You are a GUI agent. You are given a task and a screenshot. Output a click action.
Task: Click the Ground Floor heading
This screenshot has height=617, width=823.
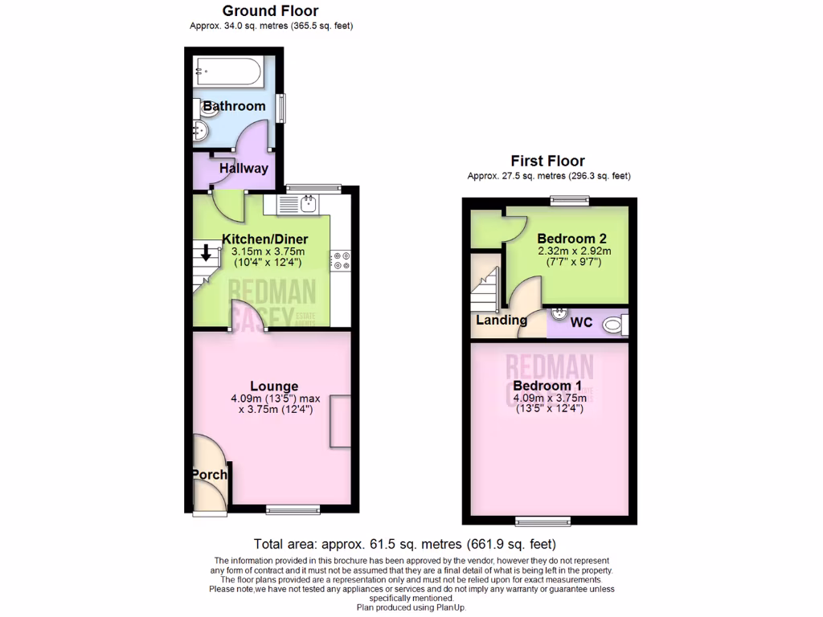[x=270, y=11]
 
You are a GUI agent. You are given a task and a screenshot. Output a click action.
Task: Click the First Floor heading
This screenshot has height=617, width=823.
[x=548, y=161]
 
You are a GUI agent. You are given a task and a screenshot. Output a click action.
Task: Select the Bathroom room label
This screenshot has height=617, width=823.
[x=234, y=106]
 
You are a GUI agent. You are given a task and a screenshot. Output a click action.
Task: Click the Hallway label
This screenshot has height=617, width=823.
[x=244, y=169]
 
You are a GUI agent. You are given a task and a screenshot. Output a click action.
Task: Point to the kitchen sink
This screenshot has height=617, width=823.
[x=306, y=205]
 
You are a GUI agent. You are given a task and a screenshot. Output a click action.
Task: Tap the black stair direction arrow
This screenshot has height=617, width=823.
[x=206, y=253]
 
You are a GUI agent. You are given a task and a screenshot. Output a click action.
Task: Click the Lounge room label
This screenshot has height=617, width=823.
[x=274, y=386]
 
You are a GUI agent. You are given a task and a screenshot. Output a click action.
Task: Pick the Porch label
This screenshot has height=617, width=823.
[x=209, y=475]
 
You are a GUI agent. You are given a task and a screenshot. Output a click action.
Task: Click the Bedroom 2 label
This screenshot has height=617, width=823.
[x=571, y=239]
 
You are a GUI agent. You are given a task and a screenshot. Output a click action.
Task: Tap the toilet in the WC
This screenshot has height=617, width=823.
[x=615, y=325]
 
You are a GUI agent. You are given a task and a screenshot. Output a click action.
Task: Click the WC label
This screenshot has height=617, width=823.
[x=581, y=323]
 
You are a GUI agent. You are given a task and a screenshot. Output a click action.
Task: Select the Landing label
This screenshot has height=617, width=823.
[x=502, y=320]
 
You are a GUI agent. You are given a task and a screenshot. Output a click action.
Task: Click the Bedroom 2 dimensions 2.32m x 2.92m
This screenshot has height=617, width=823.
[x=574, y=251]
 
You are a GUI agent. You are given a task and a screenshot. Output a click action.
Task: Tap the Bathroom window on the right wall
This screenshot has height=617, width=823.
[x=281, y=108]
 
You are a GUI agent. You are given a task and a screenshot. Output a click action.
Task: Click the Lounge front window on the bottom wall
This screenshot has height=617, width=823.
[x=293, y=508]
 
